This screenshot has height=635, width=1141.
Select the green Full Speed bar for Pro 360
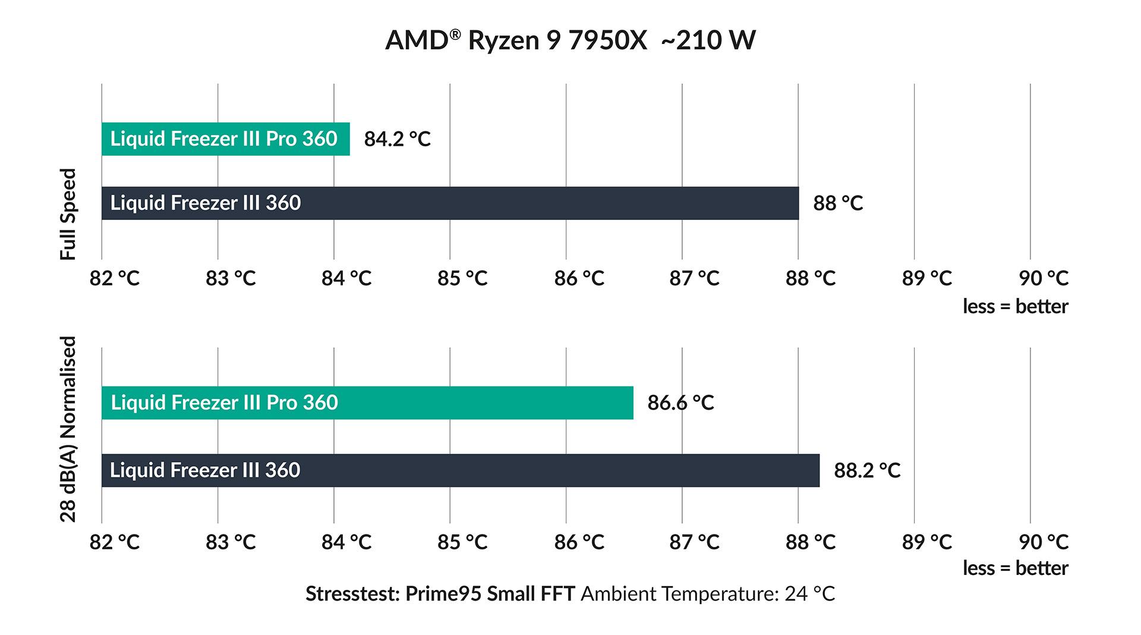225,139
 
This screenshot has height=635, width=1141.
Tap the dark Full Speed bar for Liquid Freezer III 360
450,203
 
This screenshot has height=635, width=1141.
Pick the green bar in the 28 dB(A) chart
367,403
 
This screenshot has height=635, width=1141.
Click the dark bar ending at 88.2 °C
460,470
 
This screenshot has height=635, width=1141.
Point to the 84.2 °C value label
397,139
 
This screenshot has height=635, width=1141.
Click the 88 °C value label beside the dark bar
837,203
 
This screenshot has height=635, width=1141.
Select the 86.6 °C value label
680,403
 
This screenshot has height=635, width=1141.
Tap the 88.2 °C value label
867,470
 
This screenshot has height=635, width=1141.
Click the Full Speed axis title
69,214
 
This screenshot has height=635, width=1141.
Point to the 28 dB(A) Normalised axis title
69,429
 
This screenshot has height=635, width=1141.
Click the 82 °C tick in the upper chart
114,278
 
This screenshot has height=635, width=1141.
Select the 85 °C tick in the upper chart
462,278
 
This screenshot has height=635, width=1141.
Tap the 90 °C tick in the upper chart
1043,278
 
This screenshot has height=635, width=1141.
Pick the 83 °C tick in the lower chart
231,542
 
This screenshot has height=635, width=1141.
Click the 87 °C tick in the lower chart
694,542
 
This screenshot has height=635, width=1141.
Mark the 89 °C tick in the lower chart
926,542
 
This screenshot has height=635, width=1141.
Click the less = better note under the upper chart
1015,307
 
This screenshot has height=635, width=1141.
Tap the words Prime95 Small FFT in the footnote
490,593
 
